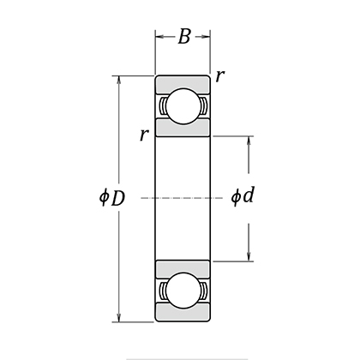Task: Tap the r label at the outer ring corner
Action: tap(220, 76)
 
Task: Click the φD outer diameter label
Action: tap(111, 198)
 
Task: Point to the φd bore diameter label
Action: tap(243, 197)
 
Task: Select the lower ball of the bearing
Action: tap(183, 289)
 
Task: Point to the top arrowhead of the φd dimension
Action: tap(249, 140)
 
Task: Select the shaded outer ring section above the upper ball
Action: tap(183, 82)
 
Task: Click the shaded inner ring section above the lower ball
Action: tap(183, 267)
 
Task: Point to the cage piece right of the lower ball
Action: tap(205, 289)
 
